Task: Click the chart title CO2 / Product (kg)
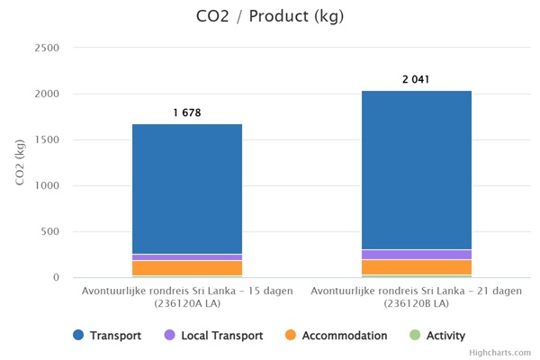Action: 269,17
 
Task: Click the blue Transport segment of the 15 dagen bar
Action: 187,189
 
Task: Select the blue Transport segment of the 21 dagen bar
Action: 417,170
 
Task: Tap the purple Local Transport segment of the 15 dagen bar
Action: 187,257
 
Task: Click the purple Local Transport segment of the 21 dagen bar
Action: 417,255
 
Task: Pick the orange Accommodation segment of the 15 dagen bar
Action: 187,268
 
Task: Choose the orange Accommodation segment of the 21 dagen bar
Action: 417,267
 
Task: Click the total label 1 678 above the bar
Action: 187,113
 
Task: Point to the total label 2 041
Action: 417,80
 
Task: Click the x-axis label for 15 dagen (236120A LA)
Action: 187,297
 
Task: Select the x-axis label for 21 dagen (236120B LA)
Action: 417,297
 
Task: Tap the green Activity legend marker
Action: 415,336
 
